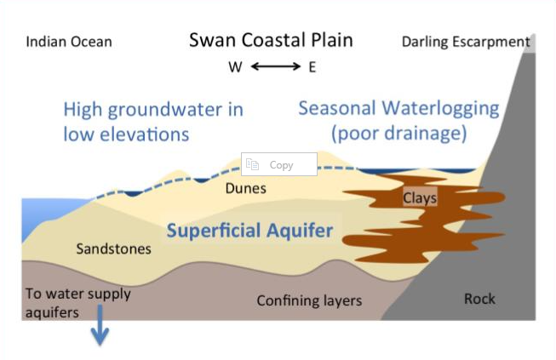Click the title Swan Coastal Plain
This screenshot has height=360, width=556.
coord(271,40)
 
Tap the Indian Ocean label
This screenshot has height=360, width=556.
coord(69,42)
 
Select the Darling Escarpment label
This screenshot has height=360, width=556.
coord(466,42)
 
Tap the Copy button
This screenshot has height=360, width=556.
coord(279,164)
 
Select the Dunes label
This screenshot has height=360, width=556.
coord(247,189)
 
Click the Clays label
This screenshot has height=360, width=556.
coord(420,198)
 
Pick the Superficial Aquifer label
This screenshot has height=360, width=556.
coord(249,231)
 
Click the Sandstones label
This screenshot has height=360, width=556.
coord(113,249)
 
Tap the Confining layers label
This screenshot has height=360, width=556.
coord(309,300)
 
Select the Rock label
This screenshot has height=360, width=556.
coord(479,299)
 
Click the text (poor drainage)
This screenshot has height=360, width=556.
coord(399,134)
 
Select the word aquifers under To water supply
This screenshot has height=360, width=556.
coord(53,312)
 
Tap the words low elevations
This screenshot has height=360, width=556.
coord(125,134)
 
